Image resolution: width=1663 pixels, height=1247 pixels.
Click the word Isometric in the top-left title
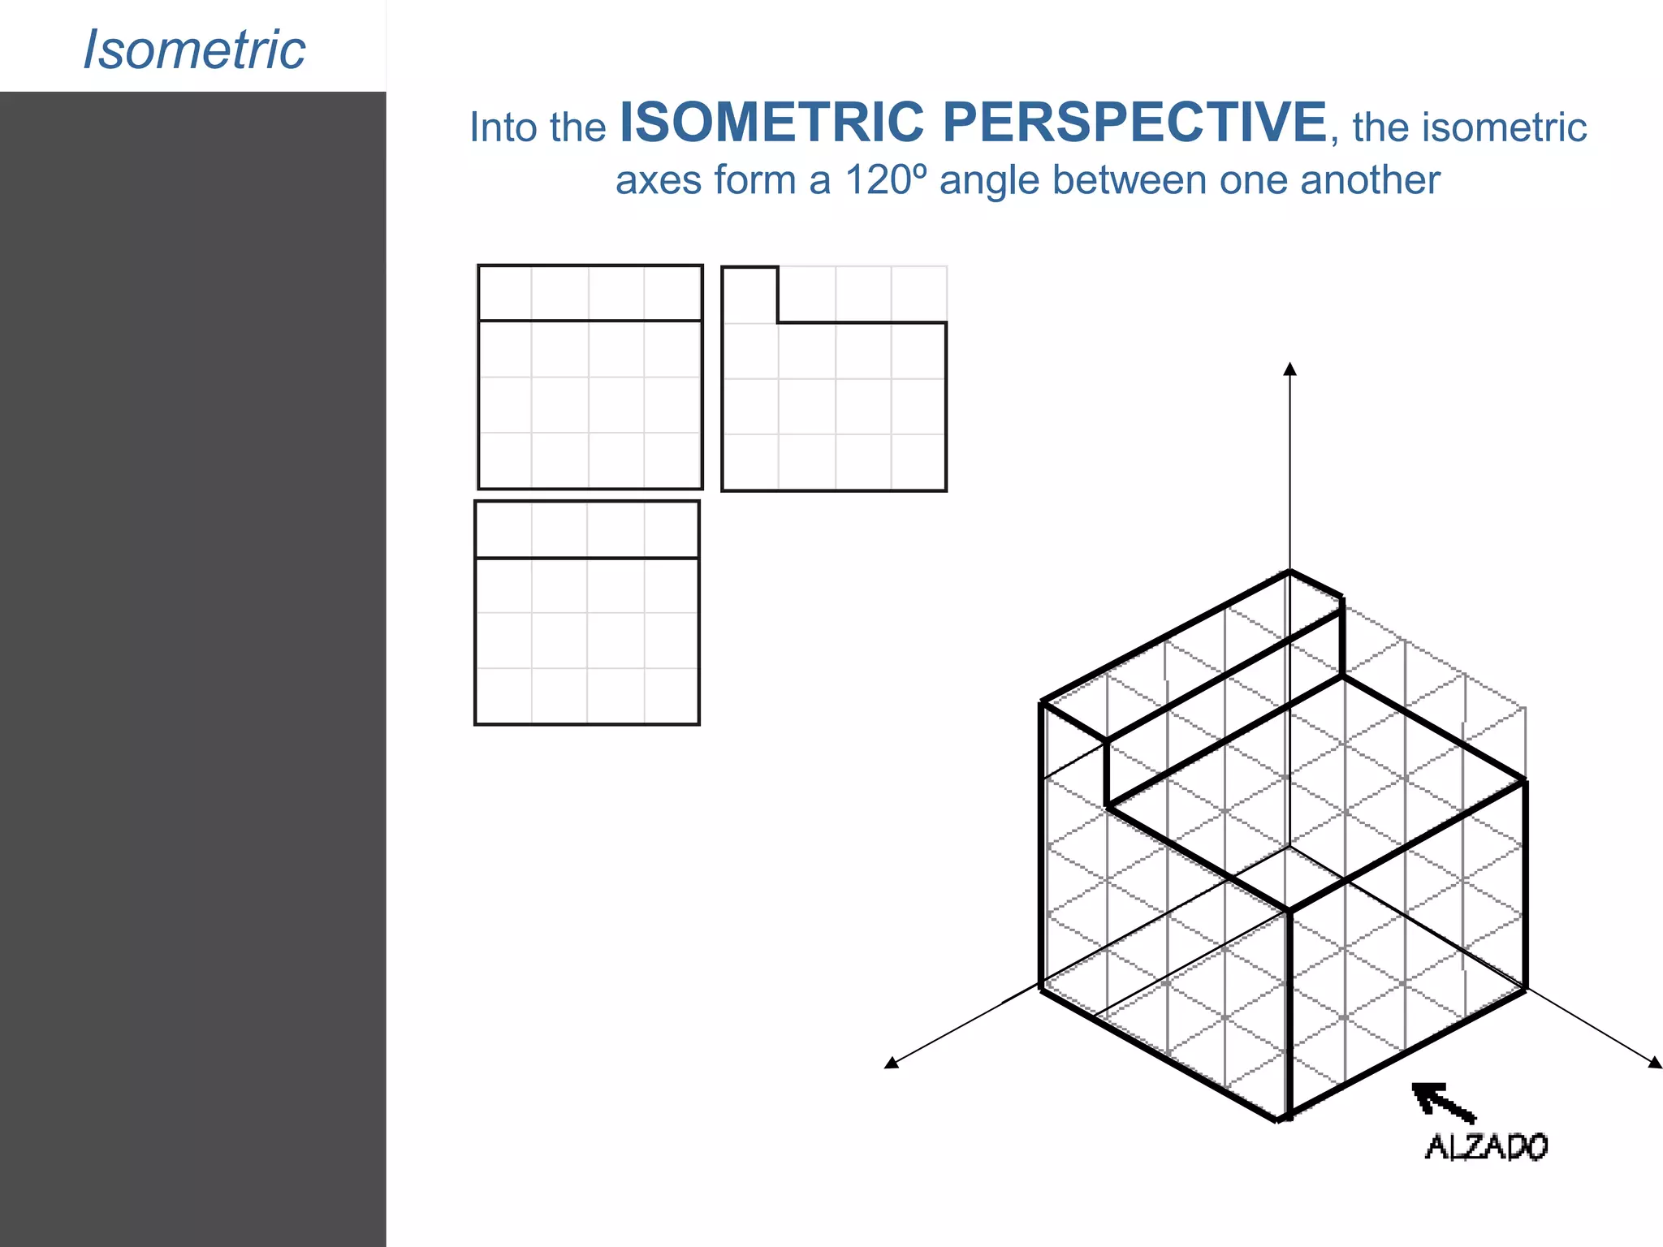point(194,50)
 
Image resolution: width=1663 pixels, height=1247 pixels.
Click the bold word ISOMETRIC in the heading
point(771,123)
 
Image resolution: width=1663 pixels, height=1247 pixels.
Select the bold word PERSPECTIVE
point(1134,123)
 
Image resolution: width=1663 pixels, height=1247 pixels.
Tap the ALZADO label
point(1486,1146)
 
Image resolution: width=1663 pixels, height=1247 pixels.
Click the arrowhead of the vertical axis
point(1289,369)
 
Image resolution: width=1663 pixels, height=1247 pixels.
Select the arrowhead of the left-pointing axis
point(892,1063)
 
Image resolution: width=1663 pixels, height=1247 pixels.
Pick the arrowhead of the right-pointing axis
point(1655,1063)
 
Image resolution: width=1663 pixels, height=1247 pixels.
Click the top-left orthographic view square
point(590,378)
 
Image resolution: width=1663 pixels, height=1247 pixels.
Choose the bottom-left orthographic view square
point(586,613)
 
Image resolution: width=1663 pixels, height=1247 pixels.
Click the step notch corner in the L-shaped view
point(778,323)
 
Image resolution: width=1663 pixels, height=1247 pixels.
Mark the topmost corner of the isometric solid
point(1289,572)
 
